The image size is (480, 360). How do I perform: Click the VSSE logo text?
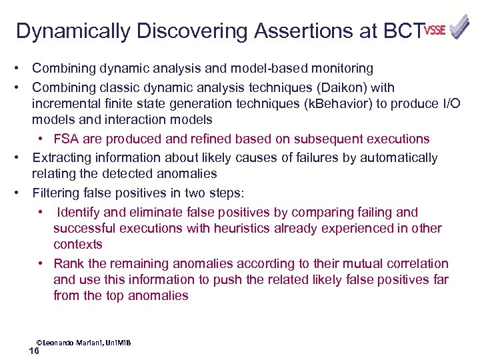click(x=434, y=30)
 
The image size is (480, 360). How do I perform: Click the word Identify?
click(x=80, y=213)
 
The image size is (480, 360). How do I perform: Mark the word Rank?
click(x=67, y=263)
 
